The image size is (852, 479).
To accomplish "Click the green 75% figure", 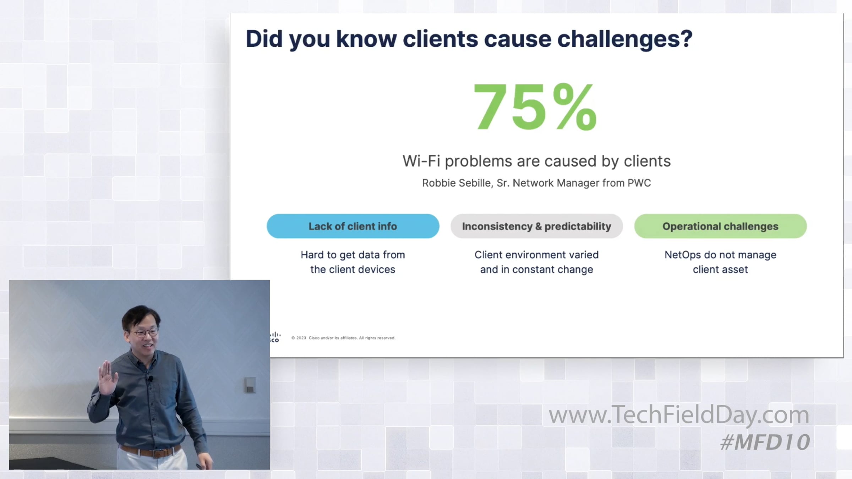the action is [535, 106].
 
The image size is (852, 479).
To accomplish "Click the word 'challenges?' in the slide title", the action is [625, 39].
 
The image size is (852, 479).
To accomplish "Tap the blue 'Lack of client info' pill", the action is [353, 226].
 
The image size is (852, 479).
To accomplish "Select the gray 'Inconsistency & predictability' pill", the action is [536, 226].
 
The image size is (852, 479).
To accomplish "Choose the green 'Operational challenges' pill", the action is [720, 226].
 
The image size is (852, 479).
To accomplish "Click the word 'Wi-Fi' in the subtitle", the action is [421, 161].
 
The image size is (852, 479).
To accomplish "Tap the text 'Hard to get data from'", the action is [353, 255].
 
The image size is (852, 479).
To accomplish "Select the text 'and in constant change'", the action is [536, 269].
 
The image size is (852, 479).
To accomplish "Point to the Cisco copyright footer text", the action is [343, 338].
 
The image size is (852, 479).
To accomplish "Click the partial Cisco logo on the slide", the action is [275, 337].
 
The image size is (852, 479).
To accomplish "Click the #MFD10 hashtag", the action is [765, 442].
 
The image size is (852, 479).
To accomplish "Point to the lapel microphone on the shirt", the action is [151, 379].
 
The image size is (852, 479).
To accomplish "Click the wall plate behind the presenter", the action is [250, 385].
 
